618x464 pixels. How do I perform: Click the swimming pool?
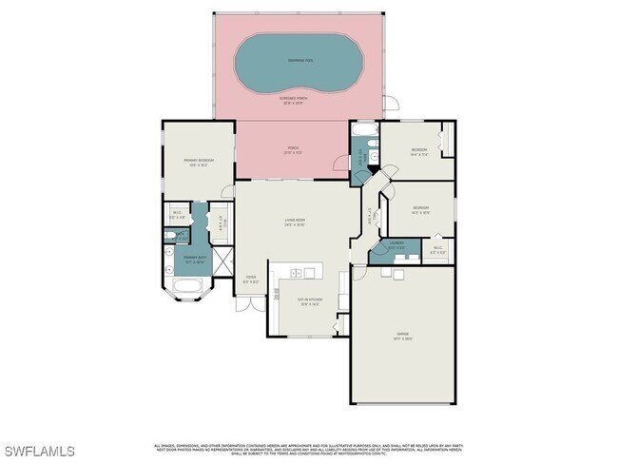point(301,63)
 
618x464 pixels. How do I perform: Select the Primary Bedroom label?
point(200,162)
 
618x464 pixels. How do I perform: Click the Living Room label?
point(294,222)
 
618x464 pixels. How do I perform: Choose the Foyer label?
point(250,280)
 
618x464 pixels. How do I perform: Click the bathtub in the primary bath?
point(184,289)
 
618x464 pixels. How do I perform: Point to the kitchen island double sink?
point(302,274)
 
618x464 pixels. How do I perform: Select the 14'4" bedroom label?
point(419,152)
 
